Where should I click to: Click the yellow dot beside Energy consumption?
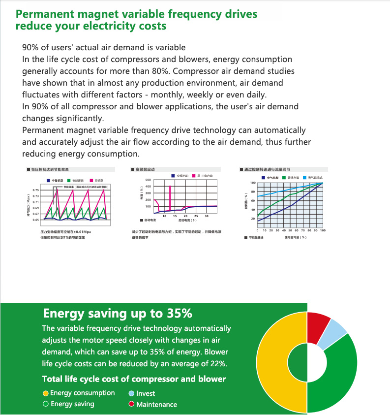pyautogui.click(x=46, y=393)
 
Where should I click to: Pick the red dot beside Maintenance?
pyautogui.click(x=131, y=405)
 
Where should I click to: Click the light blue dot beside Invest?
pyautogui.click(x=131, y=394)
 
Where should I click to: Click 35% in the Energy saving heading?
pyautogui.click(x=177, y=314)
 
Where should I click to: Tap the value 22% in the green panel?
pyautogui.click(x=217, y=364)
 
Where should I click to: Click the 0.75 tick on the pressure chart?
pyautogui.click(x=35, y=190)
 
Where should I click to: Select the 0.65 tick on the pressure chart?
pyautogui.click(x=35, y=220)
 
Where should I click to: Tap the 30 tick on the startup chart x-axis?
pyautogui.click(x=207, y=216)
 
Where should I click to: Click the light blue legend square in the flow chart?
pyautogui.click(x=305, y=177)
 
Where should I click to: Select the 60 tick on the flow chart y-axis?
pyautogui.click(x=253, y=201)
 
